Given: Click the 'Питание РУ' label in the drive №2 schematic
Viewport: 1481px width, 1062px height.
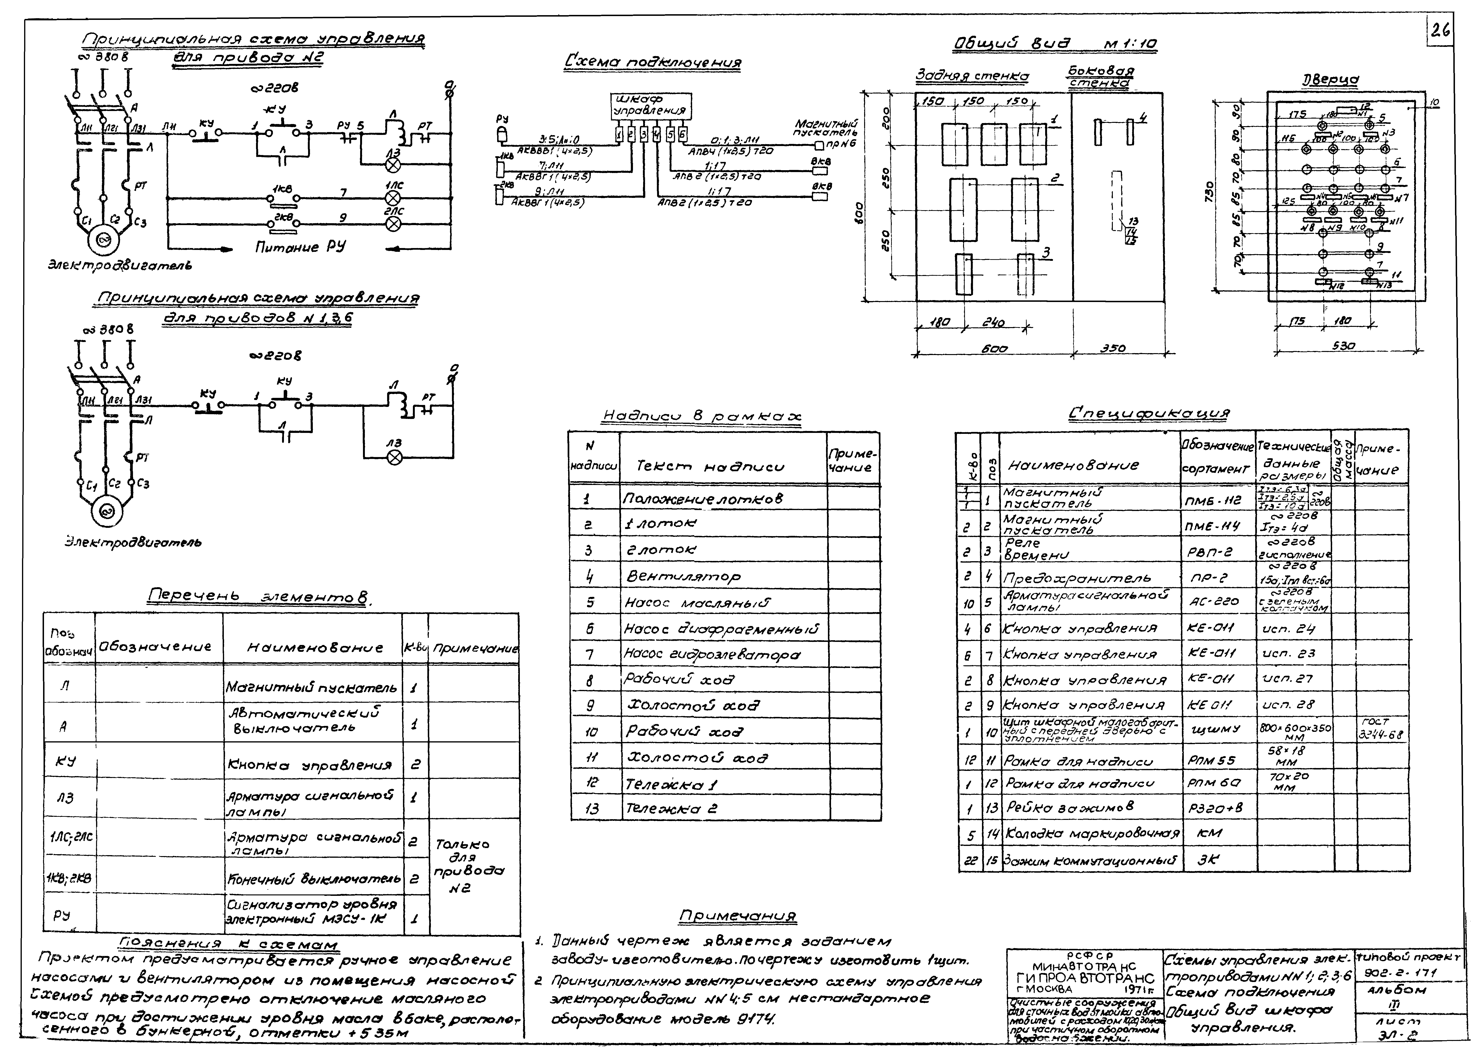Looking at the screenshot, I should (x=300, y=247).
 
